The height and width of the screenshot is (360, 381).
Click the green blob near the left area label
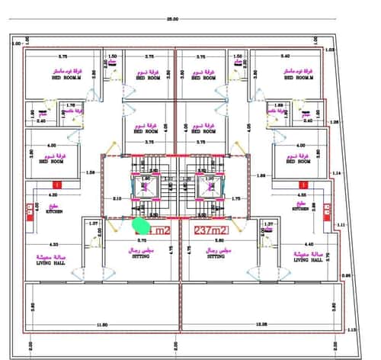click(140, 225)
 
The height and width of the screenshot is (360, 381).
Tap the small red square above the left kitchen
click(56, 185)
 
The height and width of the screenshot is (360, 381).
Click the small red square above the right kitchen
click(303, 185)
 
